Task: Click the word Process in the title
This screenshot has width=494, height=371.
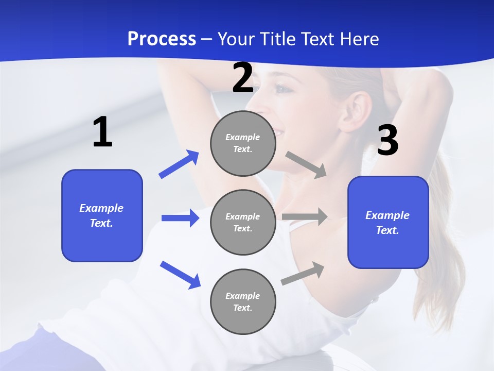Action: click(x=162, y=39)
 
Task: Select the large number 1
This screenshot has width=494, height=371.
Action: click(x=102, y=132)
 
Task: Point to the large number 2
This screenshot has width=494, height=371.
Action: click(x=243, y=78)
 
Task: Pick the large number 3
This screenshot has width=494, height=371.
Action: click(x=388, y=141)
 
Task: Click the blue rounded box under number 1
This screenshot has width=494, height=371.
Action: click(x=102, y=215)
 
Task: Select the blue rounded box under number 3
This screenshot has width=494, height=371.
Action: click(x=388, y=223)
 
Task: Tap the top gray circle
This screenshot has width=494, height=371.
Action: click(x=243, y=143)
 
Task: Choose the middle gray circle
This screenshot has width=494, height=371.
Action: click(x=243, y=223)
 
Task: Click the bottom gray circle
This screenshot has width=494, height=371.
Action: click(x=243, y=302)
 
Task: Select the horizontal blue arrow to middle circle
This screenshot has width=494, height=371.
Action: click(x=180, y=218)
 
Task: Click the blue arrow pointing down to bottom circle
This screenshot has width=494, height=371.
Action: click(x=180, y=274)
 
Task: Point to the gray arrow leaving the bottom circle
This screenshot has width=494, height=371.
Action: click(x=303, y=273)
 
